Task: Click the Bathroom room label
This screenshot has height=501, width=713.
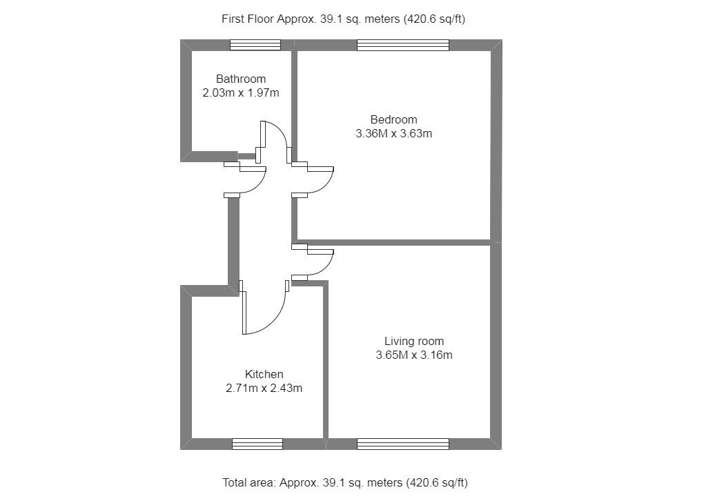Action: point(240,79)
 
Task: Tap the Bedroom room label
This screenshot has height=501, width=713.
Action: point(393,119)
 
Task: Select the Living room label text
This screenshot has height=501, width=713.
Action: point(413,341)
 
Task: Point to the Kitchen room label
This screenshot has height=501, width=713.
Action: point(264,374)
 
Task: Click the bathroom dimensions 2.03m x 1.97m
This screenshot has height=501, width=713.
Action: point(240,92)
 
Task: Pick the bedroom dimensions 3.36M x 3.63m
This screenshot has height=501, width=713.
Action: point(393,134)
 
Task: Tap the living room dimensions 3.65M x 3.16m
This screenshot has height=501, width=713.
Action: point(413,355)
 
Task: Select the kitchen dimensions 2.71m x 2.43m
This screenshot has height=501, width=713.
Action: point(264,388)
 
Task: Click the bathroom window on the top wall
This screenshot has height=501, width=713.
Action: point(255,45)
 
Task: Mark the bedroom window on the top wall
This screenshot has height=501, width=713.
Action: point(403,45)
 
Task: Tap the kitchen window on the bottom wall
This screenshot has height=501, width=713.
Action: point(257,444)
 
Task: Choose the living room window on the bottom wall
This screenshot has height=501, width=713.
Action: point(403,444)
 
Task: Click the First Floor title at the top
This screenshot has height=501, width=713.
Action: point(343,19)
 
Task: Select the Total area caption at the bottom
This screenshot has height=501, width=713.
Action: point(349,482)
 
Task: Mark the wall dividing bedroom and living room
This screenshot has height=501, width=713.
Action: point(393,242)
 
